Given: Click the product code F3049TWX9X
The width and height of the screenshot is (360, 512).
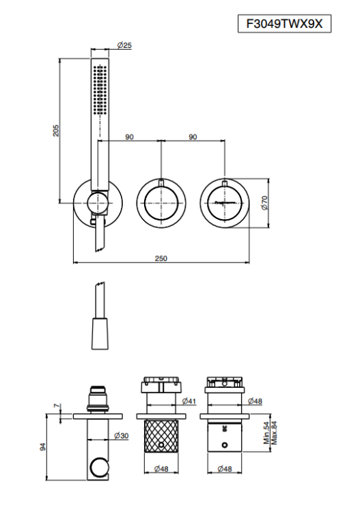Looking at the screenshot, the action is (x=284, y=24).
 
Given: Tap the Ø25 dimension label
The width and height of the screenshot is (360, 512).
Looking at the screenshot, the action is (x=124, y=45).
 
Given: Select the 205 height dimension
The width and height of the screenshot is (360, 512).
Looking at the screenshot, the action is (x=56, y=130).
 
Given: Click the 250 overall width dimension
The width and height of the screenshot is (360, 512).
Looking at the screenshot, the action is (x=161, y=258).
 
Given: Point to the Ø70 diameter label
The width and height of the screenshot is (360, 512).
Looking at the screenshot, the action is (x=264, y=203).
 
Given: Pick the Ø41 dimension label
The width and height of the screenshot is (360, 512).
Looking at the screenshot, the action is (x=189, y=401).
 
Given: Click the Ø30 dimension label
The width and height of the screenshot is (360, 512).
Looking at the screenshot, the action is (x=121, y=436).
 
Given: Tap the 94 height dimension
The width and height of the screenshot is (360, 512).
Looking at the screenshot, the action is (x=43, y=447).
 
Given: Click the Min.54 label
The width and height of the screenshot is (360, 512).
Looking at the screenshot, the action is (x=266, y=433).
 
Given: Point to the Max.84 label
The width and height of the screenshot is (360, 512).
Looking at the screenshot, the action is (x=275, y=433).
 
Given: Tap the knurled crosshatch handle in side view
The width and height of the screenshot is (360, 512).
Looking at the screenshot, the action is (x=161, y=436).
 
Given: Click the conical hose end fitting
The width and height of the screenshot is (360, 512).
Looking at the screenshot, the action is (x=100, y=333).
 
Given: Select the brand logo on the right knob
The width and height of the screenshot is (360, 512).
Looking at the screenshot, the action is (x=225, y=203).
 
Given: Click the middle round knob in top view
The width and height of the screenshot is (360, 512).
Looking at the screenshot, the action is (x=161, y=203).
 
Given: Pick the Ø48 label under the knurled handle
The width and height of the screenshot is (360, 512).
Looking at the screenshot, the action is (x=161, y=469).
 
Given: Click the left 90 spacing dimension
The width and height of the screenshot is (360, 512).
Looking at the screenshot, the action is (x=129, y=137).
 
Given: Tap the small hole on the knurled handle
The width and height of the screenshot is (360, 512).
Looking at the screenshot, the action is (x=161, y=445).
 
